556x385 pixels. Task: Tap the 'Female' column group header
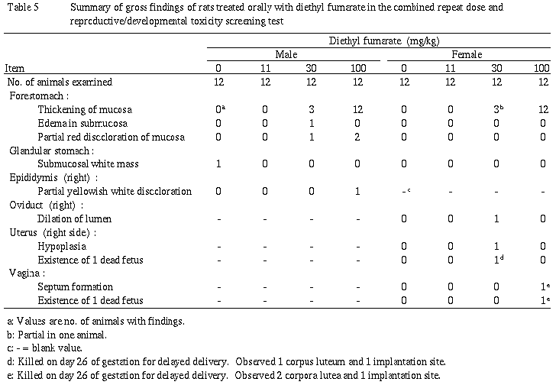pos(465,54)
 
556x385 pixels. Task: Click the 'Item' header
pos(15,68)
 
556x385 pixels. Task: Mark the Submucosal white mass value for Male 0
pos(219,163)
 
